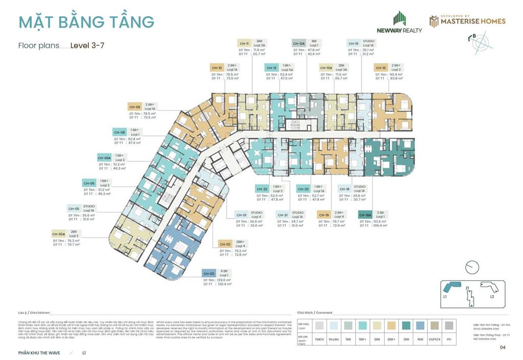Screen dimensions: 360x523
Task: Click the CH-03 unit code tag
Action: pyautogui.click(x=208, y=273)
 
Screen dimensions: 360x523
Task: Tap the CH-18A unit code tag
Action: pyautogui.click(x=365, y=215)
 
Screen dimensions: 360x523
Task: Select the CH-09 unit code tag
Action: pyautogui.click(x=134, y=107)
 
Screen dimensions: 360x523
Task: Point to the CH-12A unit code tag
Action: pyautogui.click(x=298, y=44)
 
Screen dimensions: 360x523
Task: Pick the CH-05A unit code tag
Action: pyautogui.click(x=58, y=234)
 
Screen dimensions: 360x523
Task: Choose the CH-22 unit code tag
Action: pyautogui.click(x=262, y=189)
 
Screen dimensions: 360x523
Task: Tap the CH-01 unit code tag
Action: pyautogui.click(x=241, y=215)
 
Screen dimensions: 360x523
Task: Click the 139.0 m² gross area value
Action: pyautogui.click(x=224, y=280)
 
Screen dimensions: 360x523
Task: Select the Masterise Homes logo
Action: pyautogui.click(x=467, y=20)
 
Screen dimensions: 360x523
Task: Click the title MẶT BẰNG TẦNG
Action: pyautogui.click(x=86, y=22)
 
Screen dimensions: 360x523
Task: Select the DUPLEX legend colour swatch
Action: pyautogui.click(x=435, y=325)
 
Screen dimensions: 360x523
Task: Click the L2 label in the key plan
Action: pyautogui.click(x=492, y=297)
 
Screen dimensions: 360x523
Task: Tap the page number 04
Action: pyautogui.click(x=503, y=348)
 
